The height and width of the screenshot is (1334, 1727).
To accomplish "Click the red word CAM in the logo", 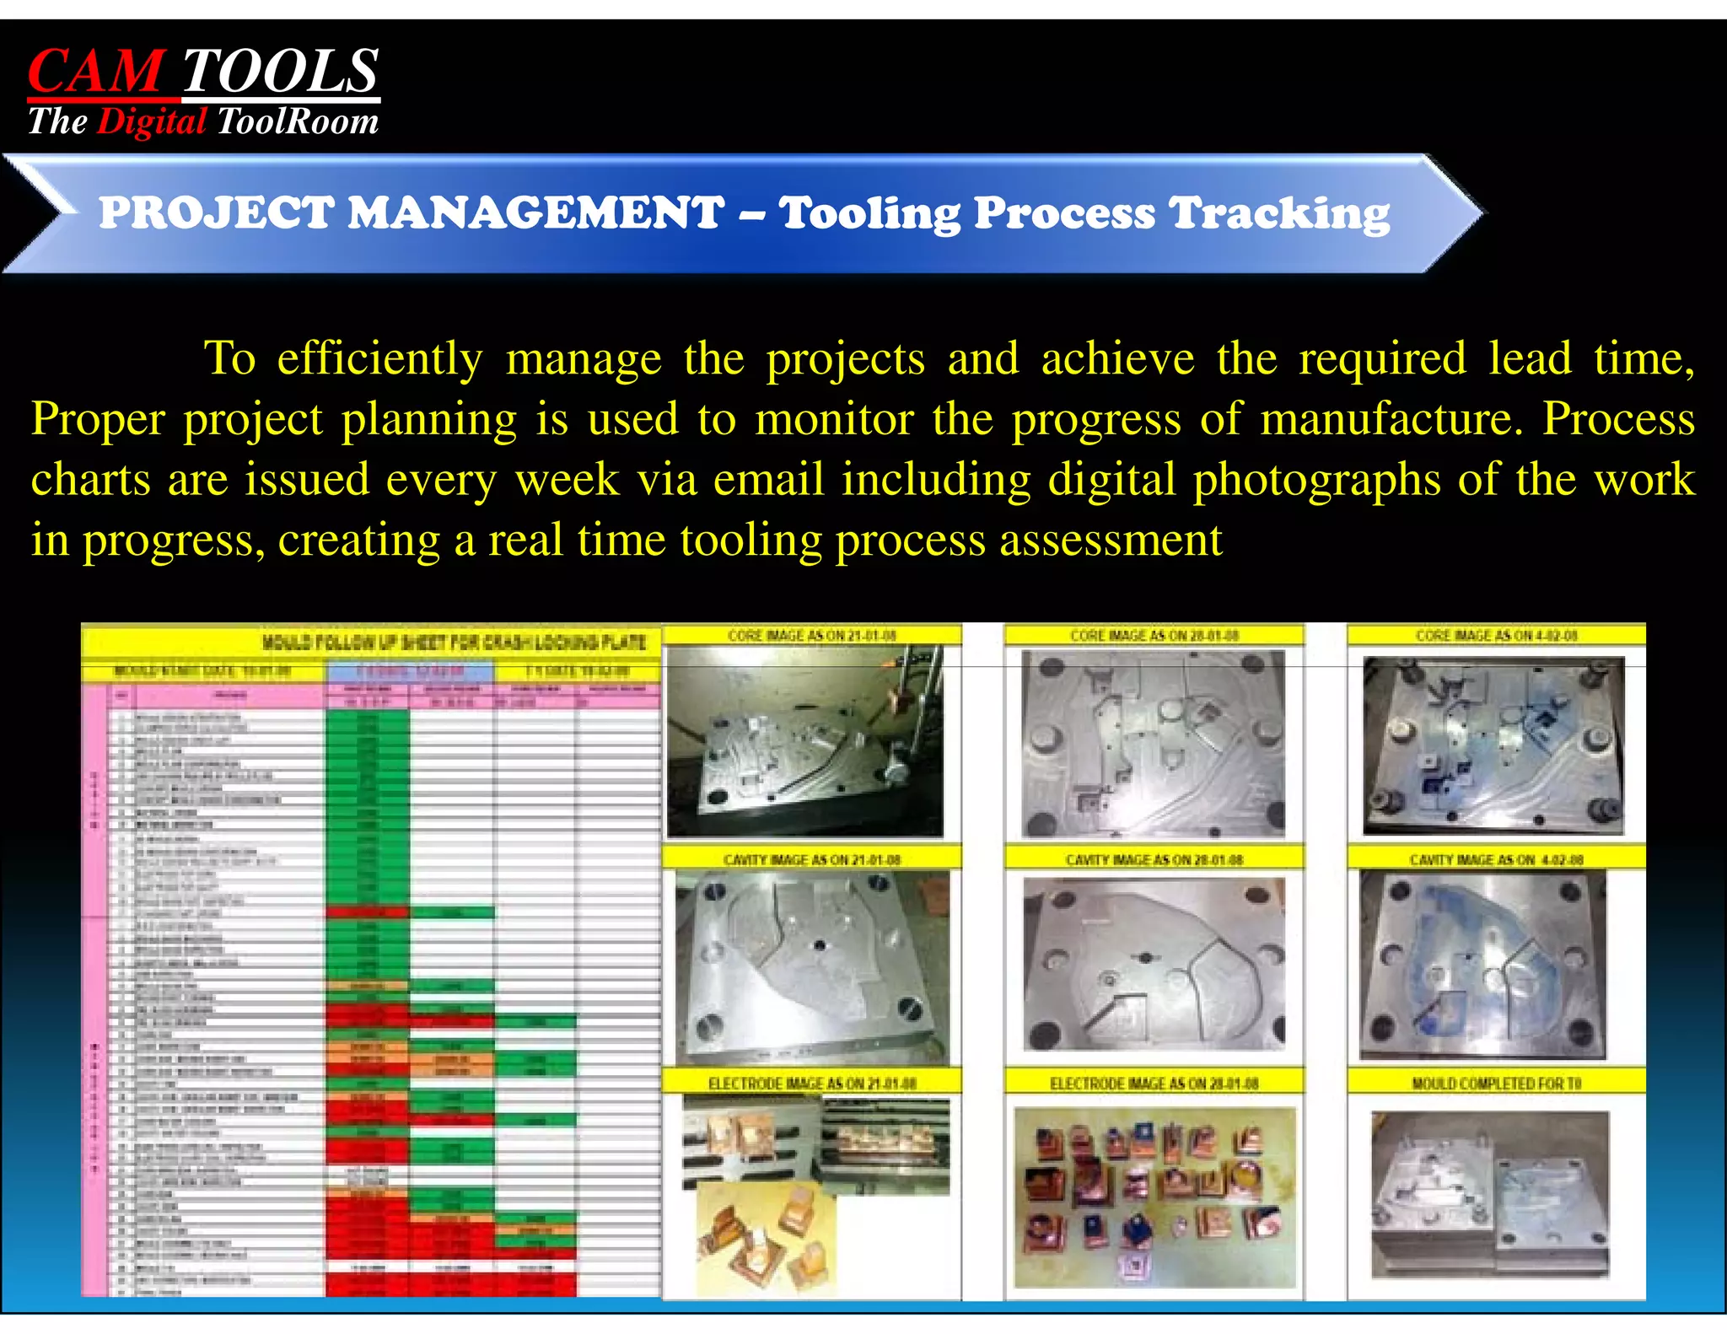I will (x=94, y=72).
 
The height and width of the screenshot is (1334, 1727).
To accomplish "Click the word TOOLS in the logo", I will (x=280, y=72).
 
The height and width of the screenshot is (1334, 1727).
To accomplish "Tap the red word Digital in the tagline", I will (x=152, y=121).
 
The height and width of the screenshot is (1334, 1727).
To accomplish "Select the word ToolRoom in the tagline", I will (x=298, y=121).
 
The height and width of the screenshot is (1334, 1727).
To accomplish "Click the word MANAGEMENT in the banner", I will (x=536, y=212).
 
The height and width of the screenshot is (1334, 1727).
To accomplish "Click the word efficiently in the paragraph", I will (x=379, y=359).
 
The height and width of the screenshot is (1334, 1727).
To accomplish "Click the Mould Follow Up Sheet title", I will (x=454, y=643).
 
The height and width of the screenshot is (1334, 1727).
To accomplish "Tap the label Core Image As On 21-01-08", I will (x=811, y=636).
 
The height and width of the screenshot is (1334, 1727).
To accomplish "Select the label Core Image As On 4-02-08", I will (x=1496, y=636).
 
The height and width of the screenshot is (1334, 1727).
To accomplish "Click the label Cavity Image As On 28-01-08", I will (x=1154, y=859).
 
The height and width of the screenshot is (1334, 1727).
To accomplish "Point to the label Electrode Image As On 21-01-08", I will (x=811, y=1083).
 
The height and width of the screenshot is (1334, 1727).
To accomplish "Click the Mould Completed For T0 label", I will (x=1496, y=1083).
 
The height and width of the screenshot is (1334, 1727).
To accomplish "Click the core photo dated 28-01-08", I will (x=1154, y=744).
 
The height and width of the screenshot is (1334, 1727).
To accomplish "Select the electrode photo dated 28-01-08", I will (x=1154, y=1197).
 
